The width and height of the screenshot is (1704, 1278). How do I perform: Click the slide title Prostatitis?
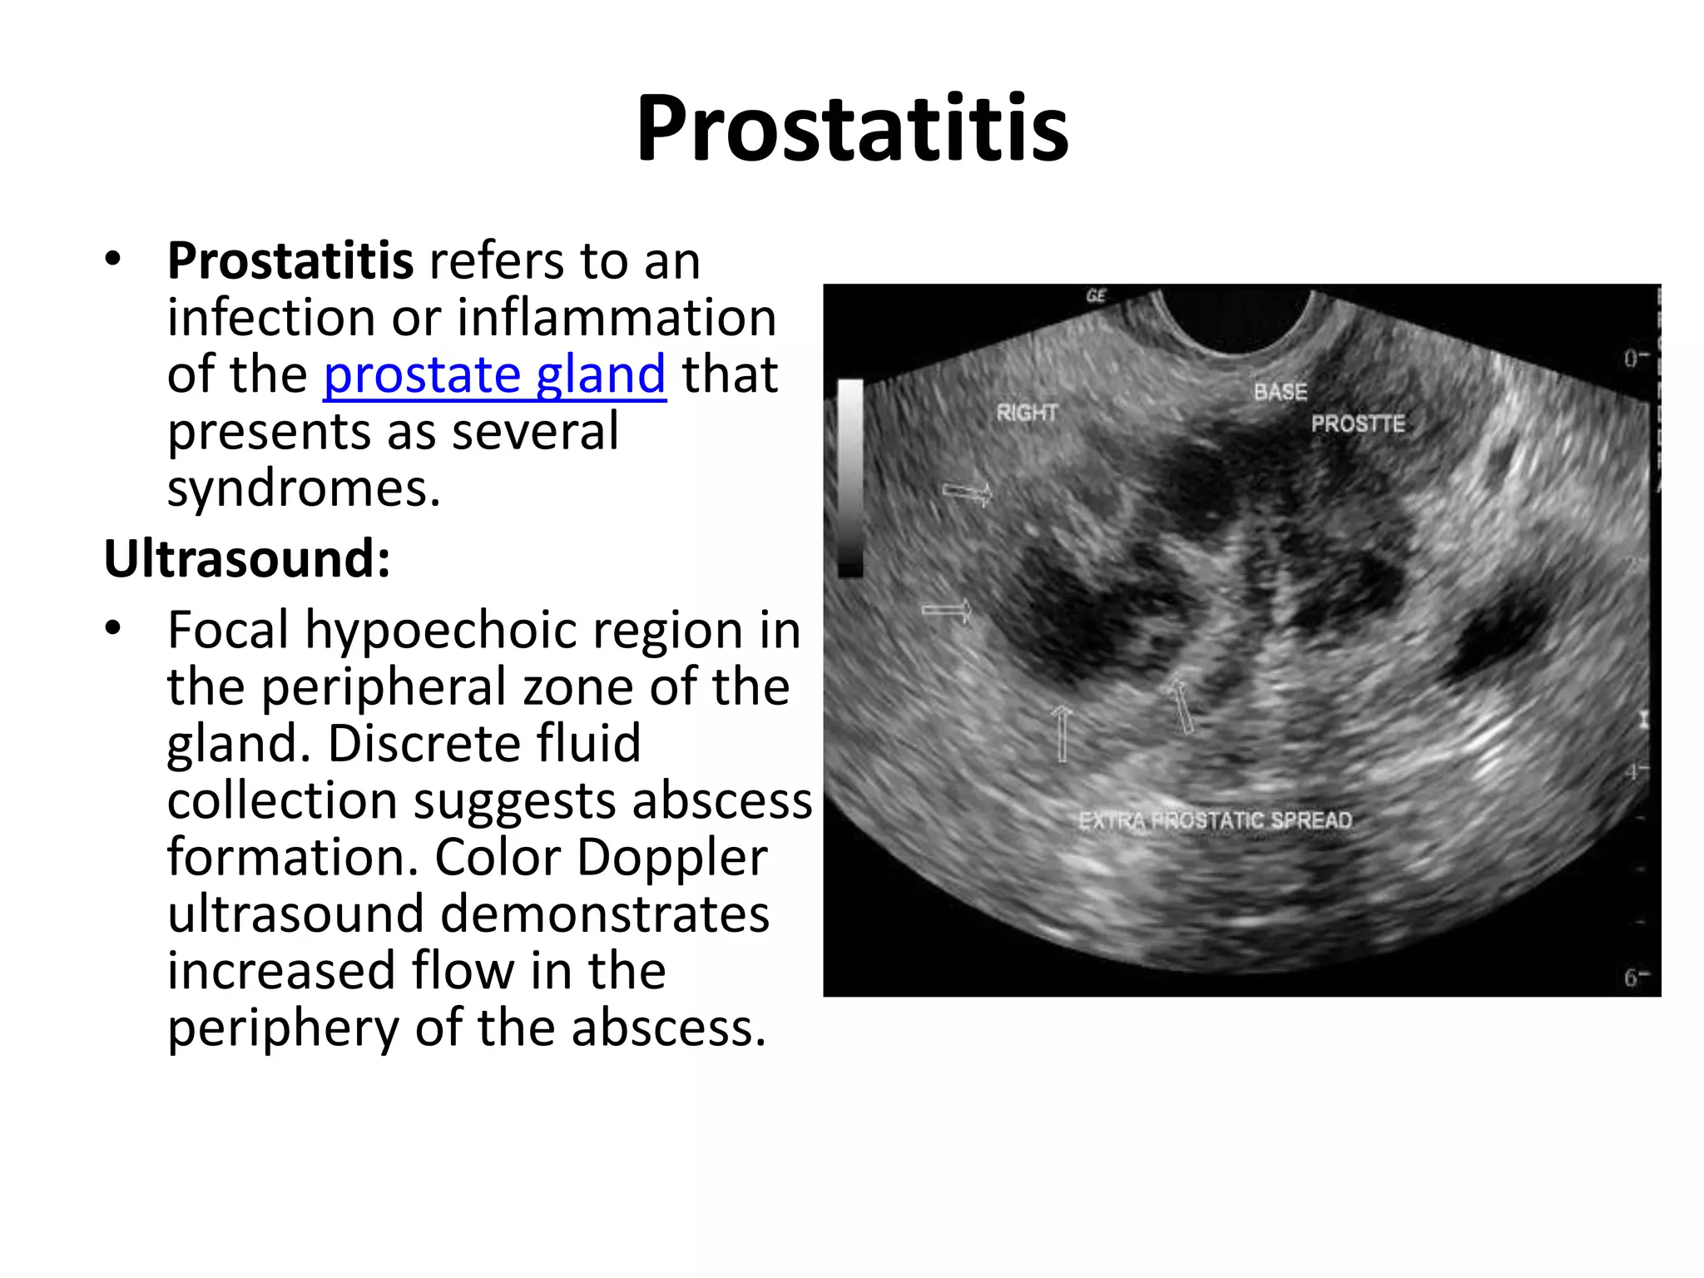click(852, 129)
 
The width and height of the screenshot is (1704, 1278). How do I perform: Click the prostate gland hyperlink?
click(494, 374)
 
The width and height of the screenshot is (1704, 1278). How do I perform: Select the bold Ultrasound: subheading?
click(247, 558)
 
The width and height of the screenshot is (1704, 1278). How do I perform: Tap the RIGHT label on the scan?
click(1027, 412)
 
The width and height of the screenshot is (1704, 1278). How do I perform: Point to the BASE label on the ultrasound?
click(1280, 392)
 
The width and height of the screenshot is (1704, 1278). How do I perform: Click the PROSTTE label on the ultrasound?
click(1358, 424)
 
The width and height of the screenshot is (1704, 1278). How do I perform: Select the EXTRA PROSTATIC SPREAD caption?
click(1215, 820)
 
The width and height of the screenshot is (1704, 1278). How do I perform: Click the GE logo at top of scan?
click(1097, 295)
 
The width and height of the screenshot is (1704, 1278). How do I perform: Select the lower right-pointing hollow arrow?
click(947, 612)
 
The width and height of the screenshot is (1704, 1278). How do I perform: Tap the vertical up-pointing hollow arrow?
click(1061, 733)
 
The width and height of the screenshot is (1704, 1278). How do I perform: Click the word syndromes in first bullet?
click(303, 488)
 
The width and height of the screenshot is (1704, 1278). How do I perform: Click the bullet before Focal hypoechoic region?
click(113, 629)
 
